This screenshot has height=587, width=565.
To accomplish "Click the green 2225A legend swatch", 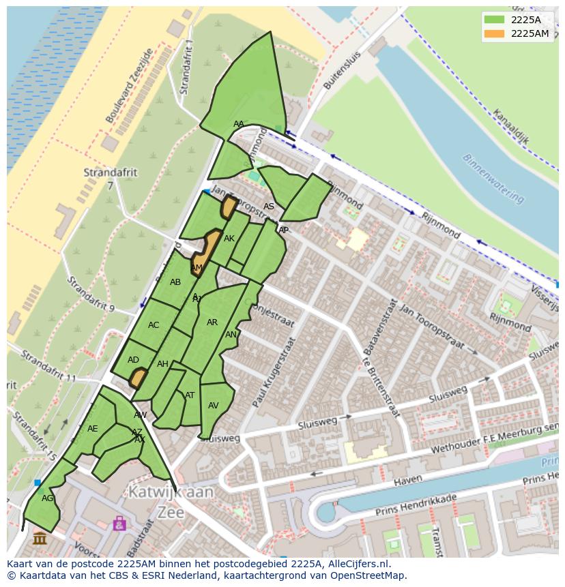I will click(x=495, y=20).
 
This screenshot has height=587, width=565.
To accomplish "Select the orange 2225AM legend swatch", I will click(x=495, y=33).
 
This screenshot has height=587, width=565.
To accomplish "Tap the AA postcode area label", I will click(x=238, y=124).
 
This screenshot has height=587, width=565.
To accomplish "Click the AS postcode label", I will click(x=269, y=207).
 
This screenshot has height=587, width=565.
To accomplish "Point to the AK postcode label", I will click(x=229, y=239).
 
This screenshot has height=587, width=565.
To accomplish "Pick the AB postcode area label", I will click(x=175, y=282).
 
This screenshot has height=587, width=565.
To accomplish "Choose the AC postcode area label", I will click(x=154, y=325).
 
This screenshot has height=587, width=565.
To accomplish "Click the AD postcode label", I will click(x=133, y=360).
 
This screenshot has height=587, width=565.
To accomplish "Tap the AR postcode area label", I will click(x=212, y=322).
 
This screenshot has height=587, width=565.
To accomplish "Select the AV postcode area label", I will click(x=214, y=406).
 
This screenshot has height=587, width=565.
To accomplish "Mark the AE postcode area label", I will click(x=93, y=429).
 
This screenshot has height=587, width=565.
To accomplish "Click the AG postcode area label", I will click(x=47, y=498).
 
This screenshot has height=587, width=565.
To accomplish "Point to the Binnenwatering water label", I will click(x=493, y=178).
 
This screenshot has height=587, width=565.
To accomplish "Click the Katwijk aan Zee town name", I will click(x=170, y=502).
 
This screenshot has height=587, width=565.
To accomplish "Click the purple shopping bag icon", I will click(x=120, y=523).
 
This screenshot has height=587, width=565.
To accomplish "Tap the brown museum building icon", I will click(x=40, y=538).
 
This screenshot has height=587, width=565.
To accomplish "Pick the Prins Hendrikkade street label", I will click(x=406, y=507).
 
